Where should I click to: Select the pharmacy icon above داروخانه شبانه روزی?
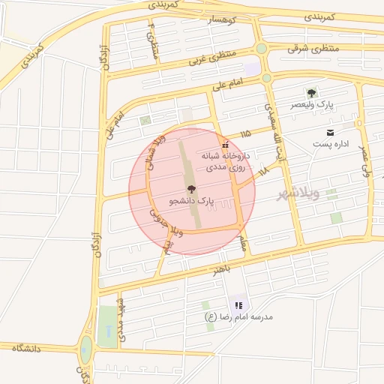click(x=223, y=144)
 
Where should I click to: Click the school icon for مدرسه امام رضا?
click(x=238, y=305)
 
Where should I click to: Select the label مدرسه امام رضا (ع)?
click(x=238, y=317)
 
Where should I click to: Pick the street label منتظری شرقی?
click(x=313, y=48)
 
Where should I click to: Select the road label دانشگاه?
click(x=30, y=348)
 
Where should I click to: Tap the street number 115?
click(x=246, y=134)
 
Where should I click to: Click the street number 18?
click(x=262, y=173)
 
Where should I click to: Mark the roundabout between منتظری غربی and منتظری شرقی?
click(x=261, y=49)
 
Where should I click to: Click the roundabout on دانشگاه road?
click(x=86, y=346)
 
